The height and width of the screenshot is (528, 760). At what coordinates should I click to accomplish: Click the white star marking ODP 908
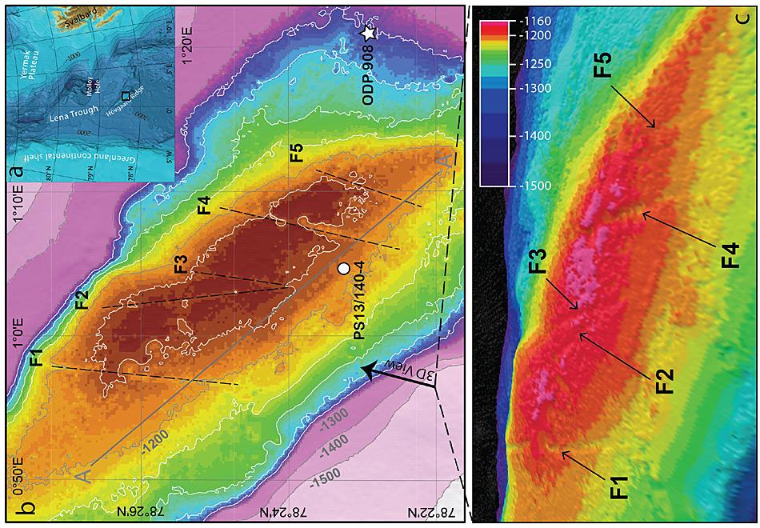[368, 34]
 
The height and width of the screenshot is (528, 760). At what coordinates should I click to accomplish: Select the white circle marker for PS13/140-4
[343, 269]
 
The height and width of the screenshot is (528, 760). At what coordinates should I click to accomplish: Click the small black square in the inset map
[125, 95]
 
